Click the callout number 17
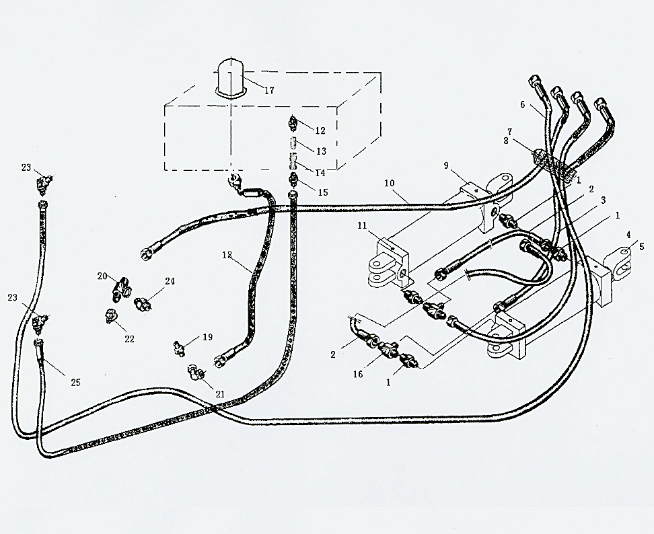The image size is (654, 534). point(269,90)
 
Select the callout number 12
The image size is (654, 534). point(320,130)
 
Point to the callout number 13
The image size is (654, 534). point(321,151)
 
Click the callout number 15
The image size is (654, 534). point(323,192)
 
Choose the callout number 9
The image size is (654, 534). point(446,165)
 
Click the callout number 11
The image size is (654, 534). point(361,225)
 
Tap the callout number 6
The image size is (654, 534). point(522,104)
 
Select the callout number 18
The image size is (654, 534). point(227,255)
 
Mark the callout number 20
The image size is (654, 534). point(102,276)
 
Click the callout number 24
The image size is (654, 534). point(170,281)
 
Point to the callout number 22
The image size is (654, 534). point(129,339)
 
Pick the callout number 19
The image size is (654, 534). point(208,337)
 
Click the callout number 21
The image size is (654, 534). point(220,394)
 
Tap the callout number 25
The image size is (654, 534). point(75,382)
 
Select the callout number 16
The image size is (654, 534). point(358,374)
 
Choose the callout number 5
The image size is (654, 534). point(641,246)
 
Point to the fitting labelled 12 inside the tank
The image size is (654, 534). point(293,122)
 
